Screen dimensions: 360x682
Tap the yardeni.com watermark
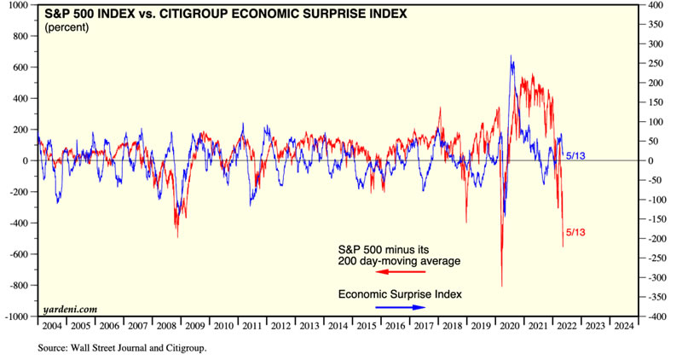67,310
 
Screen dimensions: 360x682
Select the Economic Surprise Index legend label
400,294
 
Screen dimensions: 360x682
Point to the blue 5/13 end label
577,154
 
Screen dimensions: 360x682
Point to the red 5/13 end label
576,232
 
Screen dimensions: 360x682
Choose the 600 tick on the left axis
20,67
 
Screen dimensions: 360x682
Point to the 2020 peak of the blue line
511,56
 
